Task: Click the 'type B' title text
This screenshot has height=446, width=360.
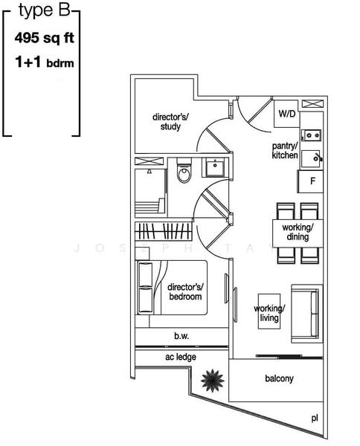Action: point(42,15)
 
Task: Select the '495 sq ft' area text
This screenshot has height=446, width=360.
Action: point(43,36)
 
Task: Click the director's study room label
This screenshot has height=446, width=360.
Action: point(170,121)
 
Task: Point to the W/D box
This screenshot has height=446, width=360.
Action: point(286,114)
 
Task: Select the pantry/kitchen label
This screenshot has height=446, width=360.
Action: point(285,150)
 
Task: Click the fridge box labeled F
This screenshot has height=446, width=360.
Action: point(312,181)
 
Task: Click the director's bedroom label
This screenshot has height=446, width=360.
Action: point(185,291)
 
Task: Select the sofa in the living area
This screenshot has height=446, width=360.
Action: point(306,311)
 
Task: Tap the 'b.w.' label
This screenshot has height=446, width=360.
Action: point(181,336)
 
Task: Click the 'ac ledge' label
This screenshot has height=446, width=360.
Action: point(181,358)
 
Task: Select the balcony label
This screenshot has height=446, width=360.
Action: point(279,378)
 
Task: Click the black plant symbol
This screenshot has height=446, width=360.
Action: point(213,381)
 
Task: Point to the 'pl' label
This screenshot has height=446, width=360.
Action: point(315,418)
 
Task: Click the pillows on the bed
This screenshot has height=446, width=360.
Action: point(147,289)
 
